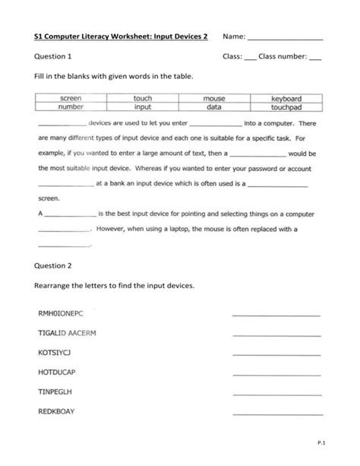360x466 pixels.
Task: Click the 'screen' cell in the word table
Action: [71, 99]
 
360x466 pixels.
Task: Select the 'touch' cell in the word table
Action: [143, 99]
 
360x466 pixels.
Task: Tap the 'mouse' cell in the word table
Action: [215, 99]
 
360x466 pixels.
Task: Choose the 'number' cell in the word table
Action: [71, 108]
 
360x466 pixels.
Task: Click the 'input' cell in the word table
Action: [143, 108]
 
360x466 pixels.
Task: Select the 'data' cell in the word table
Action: [215, 108]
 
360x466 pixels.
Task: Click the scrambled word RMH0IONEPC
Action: [64, 312]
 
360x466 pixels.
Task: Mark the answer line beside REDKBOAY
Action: [276, 414]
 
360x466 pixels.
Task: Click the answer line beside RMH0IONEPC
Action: [276, 315]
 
